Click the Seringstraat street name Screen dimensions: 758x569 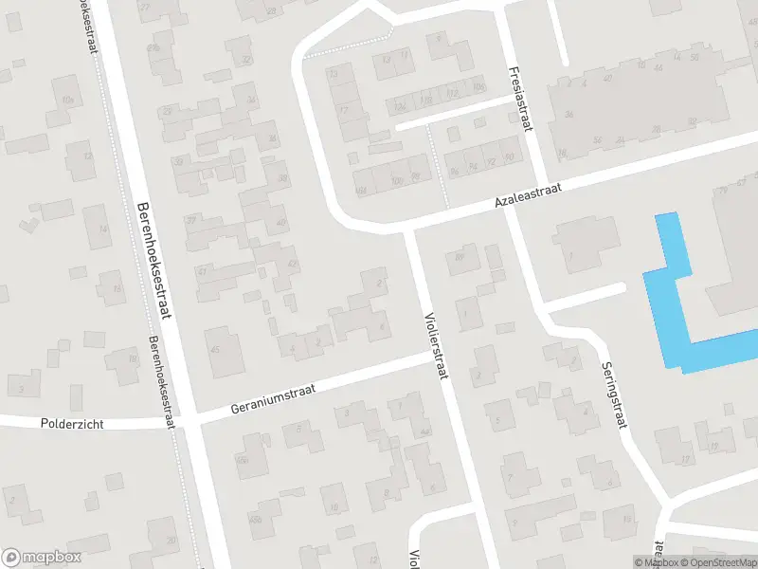(x=613, y=395)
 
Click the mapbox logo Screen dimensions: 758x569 (x=42, y=557)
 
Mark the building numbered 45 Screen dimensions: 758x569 (x=214, y=349)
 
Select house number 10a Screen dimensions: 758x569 (x=67, y=99)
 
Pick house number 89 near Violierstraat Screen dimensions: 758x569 (x=460, y=255)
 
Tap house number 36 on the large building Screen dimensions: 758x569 (x=569, y=115)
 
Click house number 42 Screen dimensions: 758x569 (x=292, y=264)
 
